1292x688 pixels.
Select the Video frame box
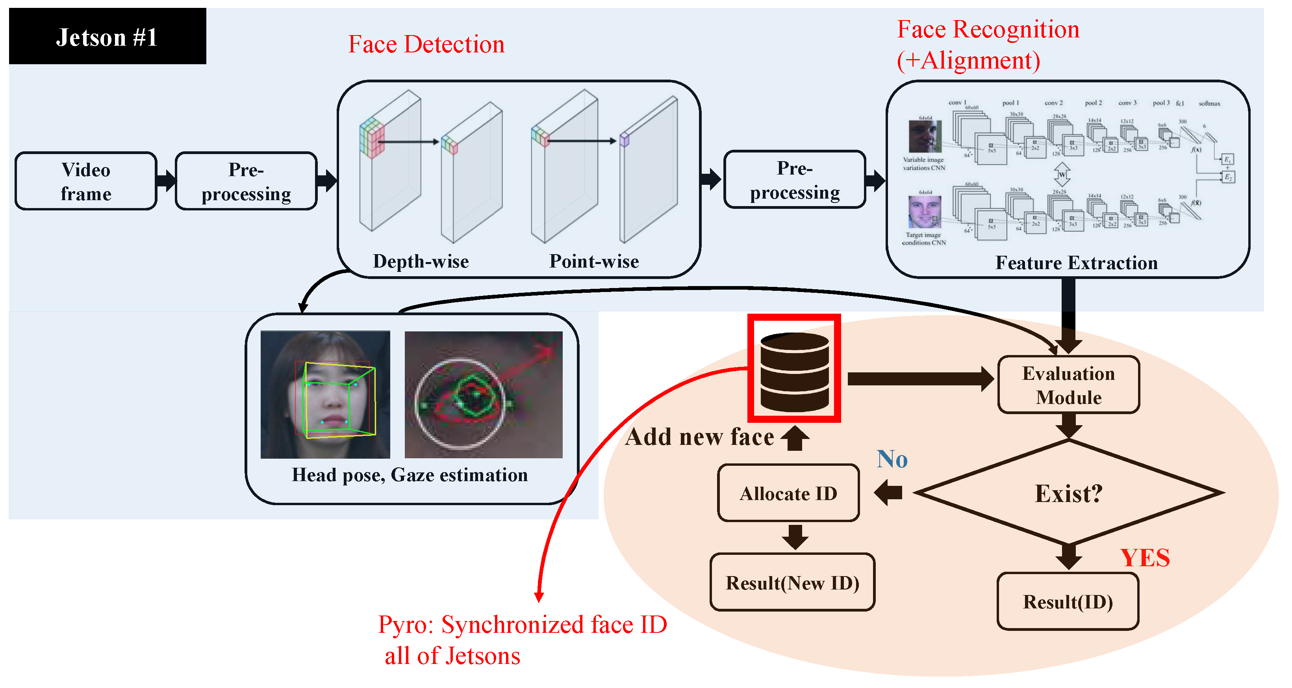coord(86,181)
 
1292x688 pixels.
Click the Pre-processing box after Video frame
coord(246,181)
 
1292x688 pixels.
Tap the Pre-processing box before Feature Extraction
coord(795,180)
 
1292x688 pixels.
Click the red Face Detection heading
coord(426,44)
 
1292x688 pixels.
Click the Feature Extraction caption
coord(1076,263)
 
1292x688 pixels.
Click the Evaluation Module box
coord(1068,385)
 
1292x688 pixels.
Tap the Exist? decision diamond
coord(1068,493)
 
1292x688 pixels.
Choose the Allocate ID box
coord(788,493)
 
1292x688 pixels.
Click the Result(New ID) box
coord(792,583)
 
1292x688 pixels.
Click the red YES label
coord(1145,558)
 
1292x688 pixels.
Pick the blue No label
coord(892,459)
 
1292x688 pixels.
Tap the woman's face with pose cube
coord(325,394)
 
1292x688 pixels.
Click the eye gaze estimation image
coord(483,394)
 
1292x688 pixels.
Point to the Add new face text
coord(699,437)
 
